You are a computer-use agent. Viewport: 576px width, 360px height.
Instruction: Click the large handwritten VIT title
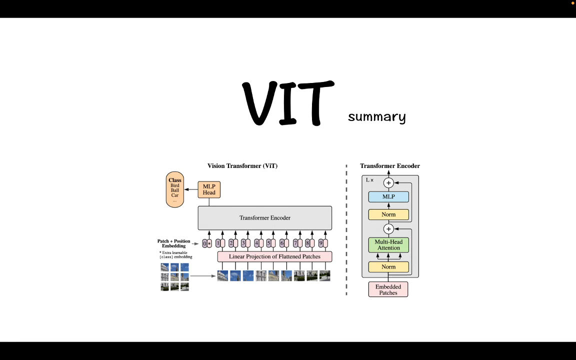point(288,103)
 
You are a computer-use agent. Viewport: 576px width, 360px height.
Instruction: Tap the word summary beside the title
point(376,117)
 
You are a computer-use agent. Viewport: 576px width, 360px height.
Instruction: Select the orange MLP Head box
point(209,189)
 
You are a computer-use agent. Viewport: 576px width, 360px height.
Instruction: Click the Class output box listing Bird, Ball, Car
point(175,189)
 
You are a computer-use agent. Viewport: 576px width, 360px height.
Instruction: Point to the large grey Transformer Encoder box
point(264,218)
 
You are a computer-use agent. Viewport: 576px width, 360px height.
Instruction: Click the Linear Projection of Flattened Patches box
point(274,256)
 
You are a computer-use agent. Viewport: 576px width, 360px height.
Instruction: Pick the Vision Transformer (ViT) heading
point(242,166)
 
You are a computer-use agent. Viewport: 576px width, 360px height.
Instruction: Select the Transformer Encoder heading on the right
point(390,166)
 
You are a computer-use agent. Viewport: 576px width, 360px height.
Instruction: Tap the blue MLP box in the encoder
point(388,197)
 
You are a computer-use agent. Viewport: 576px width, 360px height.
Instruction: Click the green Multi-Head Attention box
point(388,245)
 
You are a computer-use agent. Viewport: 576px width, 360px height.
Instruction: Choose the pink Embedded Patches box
point(388,289)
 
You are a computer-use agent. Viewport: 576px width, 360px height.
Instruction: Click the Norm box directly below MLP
point(388,214)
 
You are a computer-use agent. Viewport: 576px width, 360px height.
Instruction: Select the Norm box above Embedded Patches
point(388,267)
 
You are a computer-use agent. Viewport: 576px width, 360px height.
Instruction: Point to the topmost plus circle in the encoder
point(388,183)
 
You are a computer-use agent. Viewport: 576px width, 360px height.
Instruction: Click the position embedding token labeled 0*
point(207,243)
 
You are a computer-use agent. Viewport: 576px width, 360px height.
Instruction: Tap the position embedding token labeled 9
point(323,243)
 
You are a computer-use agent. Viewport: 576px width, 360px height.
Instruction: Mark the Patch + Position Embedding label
point(174,243)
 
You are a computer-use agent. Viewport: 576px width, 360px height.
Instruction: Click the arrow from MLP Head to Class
point(191,189)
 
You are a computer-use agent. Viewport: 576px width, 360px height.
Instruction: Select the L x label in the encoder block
point(369,180)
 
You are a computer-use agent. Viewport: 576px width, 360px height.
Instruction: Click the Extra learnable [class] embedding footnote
point(175,255)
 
